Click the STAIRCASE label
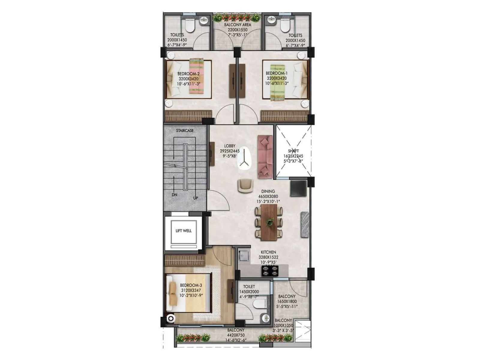pyautogui.click(x=184, y=130)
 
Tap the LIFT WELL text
pyautogui.click(x=183, y=231)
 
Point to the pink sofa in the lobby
pyautogui.click(x=265, y=157)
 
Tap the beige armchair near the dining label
pyautogui.click(x=245, y=186)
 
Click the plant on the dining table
pyautogui.click(x=269, y=222)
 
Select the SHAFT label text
pyautogui.click(x=293, y=151)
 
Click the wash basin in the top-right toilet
pyautogui.click(x=272, y=20)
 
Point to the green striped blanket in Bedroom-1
pyautogui.click(x=277, y=83)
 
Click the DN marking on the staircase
pyautogui.click(x=174, y=195)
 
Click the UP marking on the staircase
pyautogui.click(x=195, y=198)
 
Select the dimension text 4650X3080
pyautogui.click(x=268, y=196)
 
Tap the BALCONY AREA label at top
pyautogui.click(x=237, y=25)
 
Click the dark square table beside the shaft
pyautogui.click(x=298, y=188)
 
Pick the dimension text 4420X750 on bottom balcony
pyautogui.click(x=235, y=335)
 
